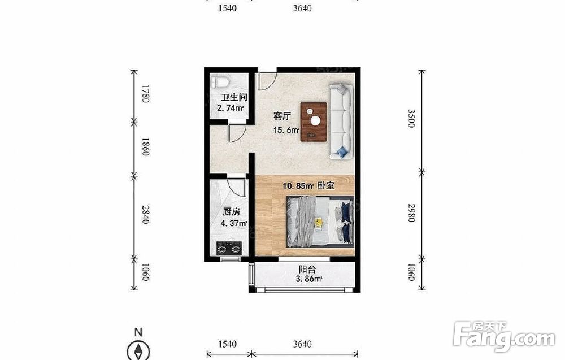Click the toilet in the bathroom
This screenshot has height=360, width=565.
coord(220,82)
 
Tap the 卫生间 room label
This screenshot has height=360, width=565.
coord(234,97)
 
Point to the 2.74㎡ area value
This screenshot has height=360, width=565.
coord(231,108)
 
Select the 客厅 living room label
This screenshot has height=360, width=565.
coord(282,116)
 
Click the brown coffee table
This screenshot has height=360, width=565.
coord(314,122)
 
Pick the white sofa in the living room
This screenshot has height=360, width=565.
coord(341,122)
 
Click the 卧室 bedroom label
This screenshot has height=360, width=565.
coord(326,185)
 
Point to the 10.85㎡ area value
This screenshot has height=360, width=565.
coord(298,186)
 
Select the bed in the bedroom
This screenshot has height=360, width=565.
coord(320,222)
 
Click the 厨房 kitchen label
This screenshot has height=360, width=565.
coord(231,212)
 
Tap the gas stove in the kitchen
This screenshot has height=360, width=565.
coord(229,249)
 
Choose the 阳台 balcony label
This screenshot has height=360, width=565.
coord(307,269)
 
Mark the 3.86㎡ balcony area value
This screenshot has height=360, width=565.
coord(309,279)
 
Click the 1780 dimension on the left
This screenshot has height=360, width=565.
coord(145,94)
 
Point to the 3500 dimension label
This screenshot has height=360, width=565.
coord(411,118)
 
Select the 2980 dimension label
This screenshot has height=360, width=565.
coord(411,212)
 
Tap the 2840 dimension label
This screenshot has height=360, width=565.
coord(145,214)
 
